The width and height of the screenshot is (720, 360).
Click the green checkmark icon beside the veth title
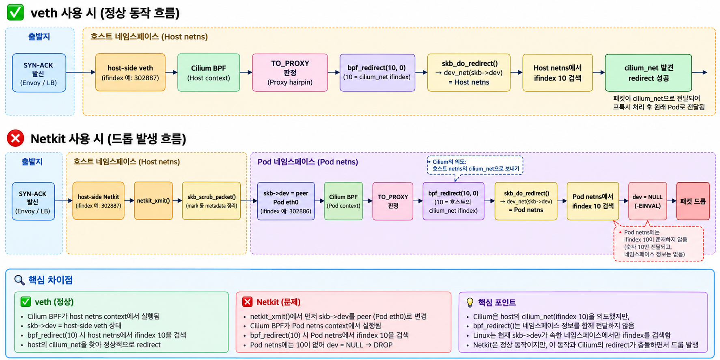[15, 13]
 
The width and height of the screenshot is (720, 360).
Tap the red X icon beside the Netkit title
[15, 138]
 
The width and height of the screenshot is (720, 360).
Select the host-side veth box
[130, 72]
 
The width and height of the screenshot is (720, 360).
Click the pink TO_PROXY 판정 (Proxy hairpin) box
[290, 73]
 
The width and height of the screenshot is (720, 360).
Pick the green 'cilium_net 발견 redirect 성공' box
[648, 73]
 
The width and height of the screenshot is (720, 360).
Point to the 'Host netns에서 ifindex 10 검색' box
[557, 73]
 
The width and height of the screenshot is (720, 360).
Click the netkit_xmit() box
[153, 201]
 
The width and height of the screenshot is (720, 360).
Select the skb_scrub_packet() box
[211, 201]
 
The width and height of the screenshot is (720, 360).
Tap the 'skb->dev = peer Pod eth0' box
[286, 201]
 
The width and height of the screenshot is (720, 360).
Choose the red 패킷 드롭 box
[693, 201]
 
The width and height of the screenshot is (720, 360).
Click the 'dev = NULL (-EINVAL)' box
[647, 201]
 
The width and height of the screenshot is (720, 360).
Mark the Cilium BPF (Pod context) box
[343, 201]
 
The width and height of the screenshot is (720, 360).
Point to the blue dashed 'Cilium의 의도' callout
[475, 166]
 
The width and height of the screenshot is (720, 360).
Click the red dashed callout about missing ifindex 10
[658, 244]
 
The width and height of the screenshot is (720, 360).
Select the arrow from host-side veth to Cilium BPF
[171, 73]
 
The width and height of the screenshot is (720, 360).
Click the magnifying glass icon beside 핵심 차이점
[19, 280]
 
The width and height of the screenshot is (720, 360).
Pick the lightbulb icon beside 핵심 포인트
[470, 302]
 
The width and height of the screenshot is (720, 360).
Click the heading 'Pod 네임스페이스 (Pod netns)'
[308, 162]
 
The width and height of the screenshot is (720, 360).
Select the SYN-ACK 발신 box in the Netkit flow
[33, 201]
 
